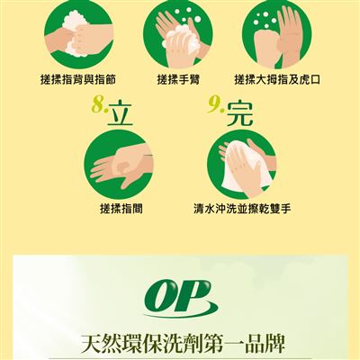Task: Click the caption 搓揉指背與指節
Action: click(x=78, y=80)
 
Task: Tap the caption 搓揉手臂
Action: click(x=178, y=80)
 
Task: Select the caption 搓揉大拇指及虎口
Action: click(x=277, y=80)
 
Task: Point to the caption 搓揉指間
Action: click(x=121, y=209)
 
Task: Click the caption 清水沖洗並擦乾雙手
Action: click(x=242, y=209)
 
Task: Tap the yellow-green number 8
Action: click(x=98, y=104)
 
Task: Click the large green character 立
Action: click(x=120, y=114)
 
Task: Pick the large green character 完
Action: click(x=240, y=114)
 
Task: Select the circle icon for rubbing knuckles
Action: click(x=78, y=33)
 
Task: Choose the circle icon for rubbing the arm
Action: click(x=178, y=33)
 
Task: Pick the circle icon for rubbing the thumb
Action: click(x=277, y=33)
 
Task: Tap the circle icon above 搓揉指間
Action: click(x=119, y=165)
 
